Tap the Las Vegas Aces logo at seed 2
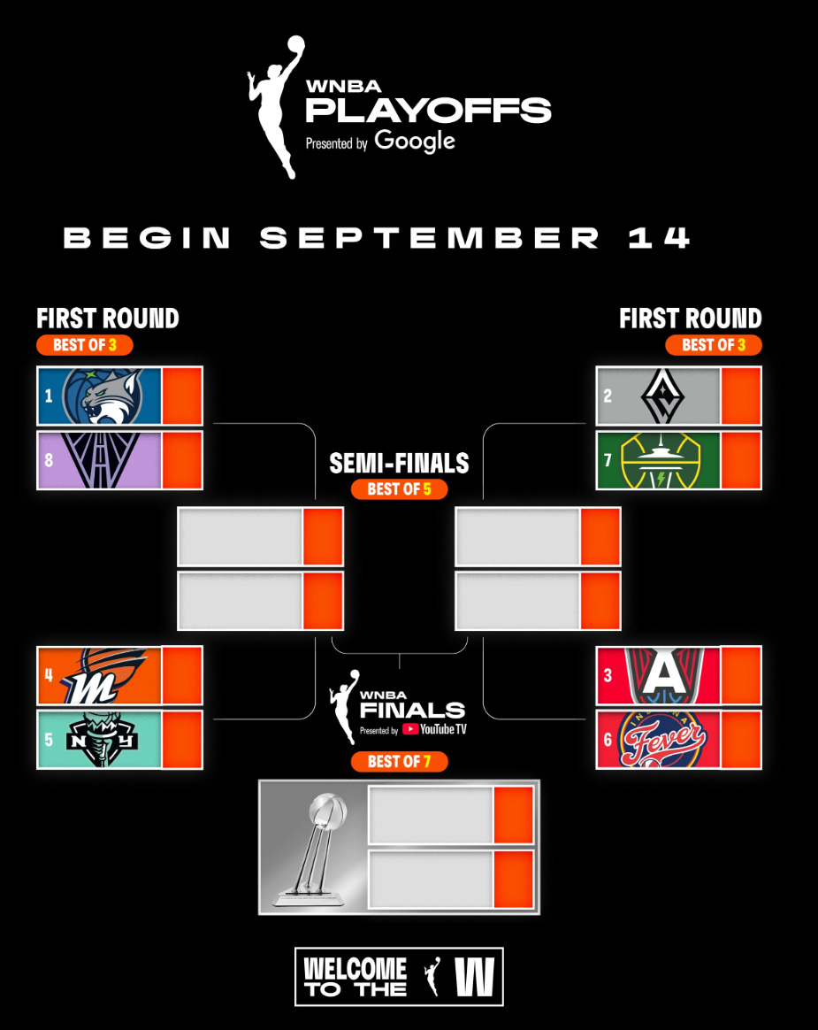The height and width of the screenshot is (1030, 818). (662, 396)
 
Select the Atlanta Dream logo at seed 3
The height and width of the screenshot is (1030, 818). (664, 675)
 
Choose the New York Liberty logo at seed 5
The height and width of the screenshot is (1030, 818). (102, 740)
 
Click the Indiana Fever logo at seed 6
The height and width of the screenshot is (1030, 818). (663, 740)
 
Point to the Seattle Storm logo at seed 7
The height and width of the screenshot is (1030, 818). (661, 460)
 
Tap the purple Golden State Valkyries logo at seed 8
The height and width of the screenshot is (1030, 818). (101, 460)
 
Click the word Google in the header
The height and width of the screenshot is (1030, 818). (415, 142)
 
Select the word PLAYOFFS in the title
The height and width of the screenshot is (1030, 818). (428, 111)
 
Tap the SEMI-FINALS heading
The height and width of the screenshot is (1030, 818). (399, 463)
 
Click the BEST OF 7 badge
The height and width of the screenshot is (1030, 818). (399, 761)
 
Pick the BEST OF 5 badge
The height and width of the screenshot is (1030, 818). (399, 488)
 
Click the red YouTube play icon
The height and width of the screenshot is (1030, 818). (410, 729)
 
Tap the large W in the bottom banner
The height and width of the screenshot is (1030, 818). (475, 977)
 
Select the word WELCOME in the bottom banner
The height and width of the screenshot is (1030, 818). (355, 968)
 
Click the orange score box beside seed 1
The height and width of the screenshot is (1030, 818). (182, 396)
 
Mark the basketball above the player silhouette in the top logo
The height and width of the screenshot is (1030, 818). (296, 43)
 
